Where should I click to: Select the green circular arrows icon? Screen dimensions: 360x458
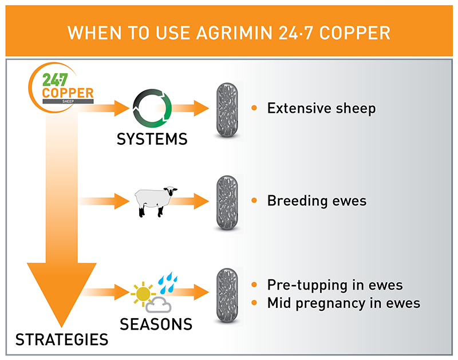click(152, 108)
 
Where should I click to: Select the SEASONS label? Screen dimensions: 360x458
click(156, 325)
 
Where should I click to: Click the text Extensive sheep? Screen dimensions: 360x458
click(321, 108)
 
